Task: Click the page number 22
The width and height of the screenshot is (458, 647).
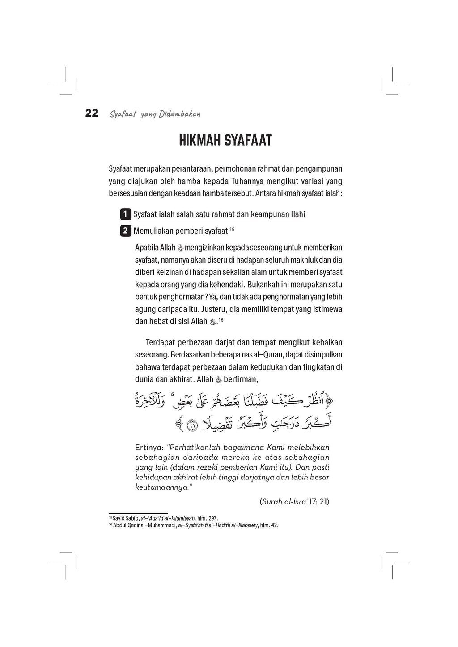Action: click(x=92, y=113)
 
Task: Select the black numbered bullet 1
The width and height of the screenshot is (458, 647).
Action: click(x=126, y=214)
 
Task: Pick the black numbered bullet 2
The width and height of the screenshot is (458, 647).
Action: click(x=126, y=231)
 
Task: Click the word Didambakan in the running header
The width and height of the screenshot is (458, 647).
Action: click(x=179, y=114)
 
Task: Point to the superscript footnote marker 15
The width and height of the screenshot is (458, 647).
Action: click(x=232, y=229)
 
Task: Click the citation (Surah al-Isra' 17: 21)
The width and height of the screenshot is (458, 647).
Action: click(x=294, y=501)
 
